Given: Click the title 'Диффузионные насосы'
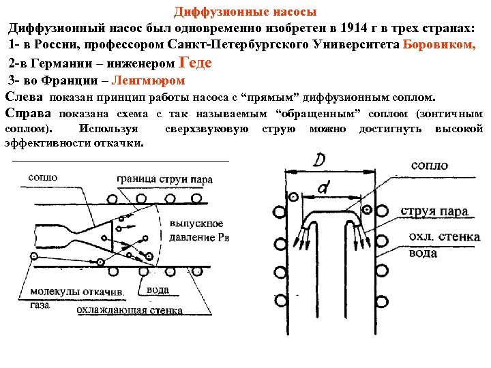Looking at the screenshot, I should point(245,12).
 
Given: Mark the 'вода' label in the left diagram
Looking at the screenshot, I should point(158,290).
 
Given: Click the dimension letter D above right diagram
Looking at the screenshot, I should point(319,162).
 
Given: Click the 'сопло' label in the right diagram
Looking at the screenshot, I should point(430,166).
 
